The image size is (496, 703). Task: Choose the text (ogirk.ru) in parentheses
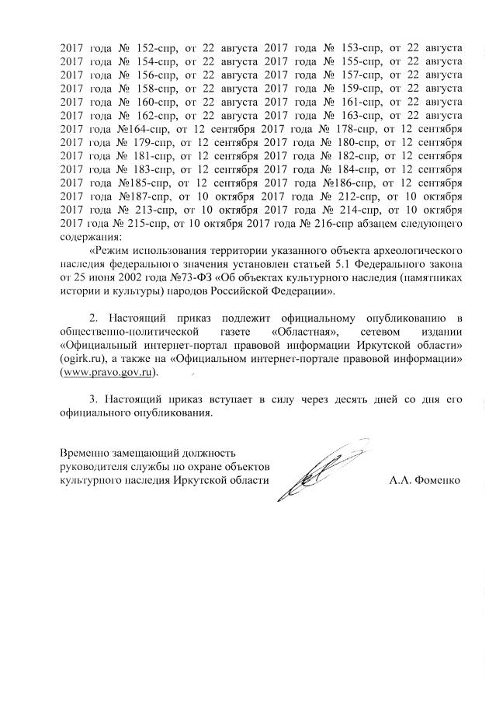(83, 358)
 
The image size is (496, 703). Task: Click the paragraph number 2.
(94, 318)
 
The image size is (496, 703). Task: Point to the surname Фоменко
(437, 479)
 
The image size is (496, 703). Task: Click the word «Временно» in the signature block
(86, 453)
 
